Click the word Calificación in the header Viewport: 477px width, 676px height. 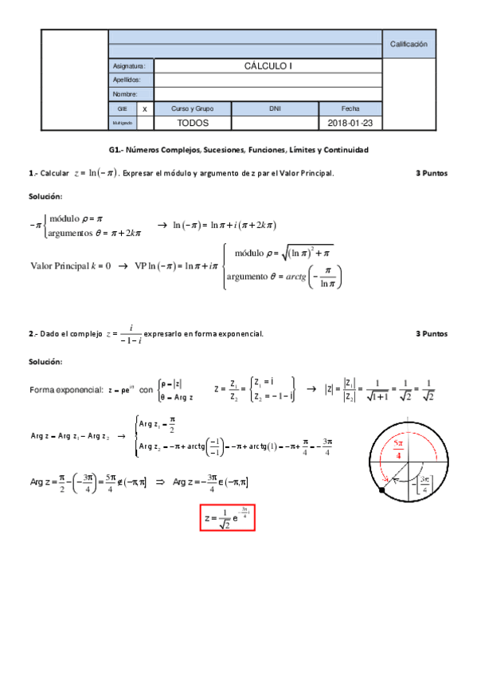tap(409, 45)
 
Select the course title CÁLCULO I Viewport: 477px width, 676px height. tap(268, 66)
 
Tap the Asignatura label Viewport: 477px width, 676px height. tap(128, 67)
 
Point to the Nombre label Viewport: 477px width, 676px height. tap(126, 94)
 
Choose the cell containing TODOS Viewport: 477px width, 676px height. tap(193, 124)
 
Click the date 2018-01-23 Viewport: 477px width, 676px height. tap(350, 124)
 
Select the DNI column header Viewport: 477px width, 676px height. tap(275, 108)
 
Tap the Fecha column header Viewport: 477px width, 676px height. tap(350, 108)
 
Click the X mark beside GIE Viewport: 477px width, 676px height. tap(144, 108)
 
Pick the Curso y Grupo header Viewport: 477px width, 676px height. tap(193, 108)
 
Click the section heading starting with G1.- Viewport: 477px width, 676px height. tap(239, 150)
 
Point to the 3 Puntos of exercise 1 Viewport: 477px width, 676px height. tap(432, 173)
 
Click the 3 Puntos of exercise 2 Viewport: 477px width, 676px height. tap(432, 334)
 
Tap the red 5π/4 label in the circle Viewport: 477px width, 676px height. tap(398, 448)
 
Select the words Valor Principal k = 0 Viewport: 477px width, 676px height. tap(70, 266)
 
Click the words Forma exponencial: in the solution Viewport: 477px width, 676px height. tap(65, 390)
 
